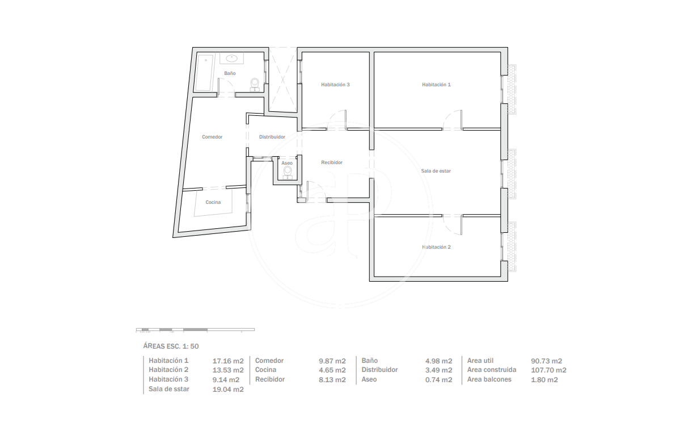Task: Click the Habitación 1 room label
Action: pyautogui.click(x=436, y=85)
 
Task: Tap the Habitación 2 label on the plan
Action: pyautogui.click(x=436, y=247)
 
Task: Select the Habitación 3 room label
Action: pyautogui.click(x=335, y=85)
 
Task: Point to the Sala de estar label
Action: pyautogui.click(x=436, y=171)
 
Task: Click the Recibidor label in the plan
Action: pyautogui.click(x=332, y=162)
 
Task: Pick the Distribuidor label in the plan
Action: pyautogui.click(x=272, y=137)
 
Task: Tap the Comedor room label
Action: pyautogui.click(x=212, y=137)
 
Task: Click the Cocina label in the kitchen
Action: pyautogui.click(x=213, y=202)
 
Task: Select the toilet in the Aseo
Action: pyautogui.click(x=287, y=172)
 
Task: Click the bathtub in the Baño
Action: pyautogui.click(x=204, y=73)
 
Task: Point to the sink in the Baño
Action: pyautogui.click(x=231, y=58)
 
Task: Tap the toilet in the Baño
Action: pyautogui.click(x=255, y=84)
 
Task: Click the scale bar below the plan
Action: pyautogui.click(x=195, y=330)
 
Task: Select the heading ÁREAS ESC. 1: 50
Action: pyautogui.click(x=171, y=346)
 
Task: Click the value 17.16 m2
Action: pyautogui.click(x=228, y=361)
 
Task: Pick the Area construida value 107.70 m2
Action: pyautogui.click(x=548, y=370)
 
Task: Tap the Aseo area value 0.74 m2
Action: pyautogui.click(x=438, y=380)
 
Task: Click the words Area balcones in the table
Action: pyautogui.click(x=489, y=379)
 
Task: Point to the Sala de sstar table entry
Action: pyautogui.click(x=169, y=389)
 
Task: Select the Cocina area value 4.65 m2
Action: pyautogui.click(x=332, y=370)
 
